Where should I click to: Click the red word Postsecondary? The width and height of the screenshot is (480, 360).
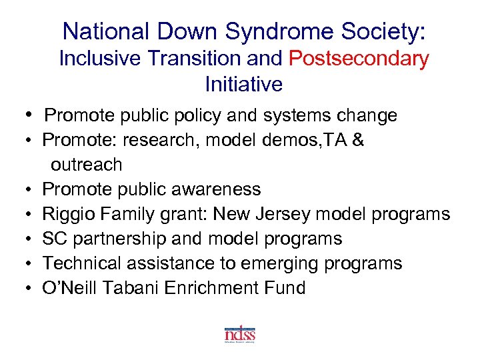[x=359, y=59]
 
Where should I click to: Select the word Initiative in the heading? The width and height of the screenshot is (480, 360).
[x=244, y=85]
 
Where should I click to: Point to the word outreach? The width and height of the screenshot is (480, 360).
[x=86, y=164]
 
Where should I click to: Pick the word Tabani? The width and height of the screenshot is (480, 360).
[x=135, y=288]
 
